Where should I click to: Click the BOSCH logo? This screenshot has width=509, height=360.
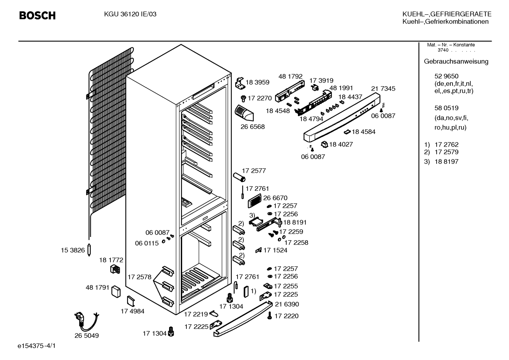tap(37, 16)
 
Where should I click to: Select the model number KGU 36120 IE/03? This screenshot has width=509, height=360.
tap(130, 14)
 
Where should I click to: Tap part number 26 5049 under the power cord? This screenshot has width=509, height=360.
tap(86, 335)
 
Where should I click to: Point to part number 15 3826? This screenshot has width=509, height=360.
tap(73, 250)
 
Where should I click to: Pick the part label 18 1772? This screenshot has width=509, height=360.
tap(111, 260)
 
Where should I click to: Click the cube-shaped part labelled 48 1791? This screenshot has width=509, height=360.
tap(116, 292)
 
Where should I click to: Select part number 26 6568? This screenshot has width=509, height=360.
tap(253, 127)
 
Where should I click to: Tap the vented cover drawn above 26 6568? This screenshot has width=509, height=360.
tap(244, 113)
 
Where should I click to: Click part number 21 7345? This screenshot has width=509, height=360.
tap(383, 88)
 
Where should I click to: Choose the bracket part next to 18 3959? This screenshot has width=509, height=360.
tap(240, 83)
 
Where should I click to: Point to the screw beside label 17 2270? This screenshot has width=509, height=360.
tap(243, 99)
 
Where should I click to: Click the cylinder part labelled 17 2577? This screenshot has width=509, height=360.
tap(239, 177)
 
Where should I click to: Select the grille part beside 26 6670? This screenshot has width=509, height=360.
tap(254, 201)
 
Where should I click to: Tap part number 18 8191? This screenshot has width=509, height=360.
tap(295, 222)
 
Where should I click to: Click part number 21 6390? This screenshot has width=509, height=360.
tap(287, 304)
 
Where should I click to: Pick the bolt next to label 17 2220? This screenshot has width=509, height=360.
tap(270, 315)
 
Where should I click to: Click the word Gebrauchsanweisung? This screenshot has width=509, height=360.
tap(456, 61)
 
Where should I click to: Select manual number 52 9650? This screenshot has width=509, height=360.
tap(446, 76)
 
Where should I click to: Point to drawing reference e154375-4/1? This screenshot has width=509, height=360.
tap(37, 346)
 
